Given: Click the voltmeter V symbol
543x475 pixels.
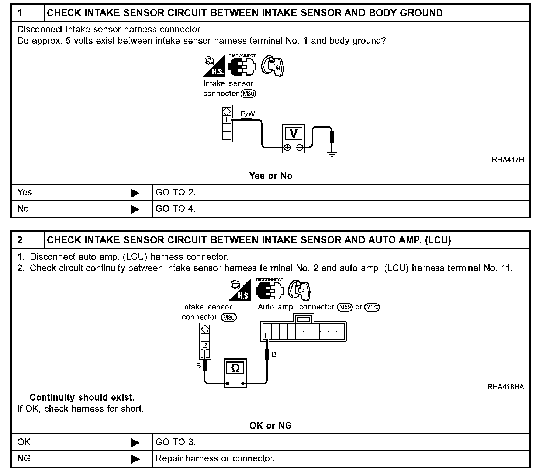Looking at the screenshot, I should point(294,133).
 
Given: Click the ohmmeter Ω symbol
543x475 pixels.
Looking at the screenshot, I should point(235,368).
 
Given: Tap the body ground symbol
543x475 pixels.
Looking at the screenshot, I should point(332,154).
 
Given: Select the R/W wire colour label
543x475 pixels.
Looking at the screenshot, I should point(248,114).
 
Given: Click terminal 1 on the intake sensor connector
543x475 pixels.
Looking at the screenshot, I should point(226,119).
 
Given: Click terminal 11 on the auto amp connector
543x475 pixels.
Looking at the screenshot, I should point(267,336).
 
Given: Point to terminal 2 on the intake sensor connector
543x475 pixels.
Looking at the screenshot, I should point(205,346).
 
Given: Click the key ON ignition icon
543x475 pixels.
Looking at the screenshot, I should point(273,66).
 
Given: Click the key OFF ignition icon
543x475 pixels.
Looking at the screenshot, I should point(300,290).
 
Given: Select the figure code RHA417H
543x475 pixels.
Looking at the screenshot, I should point(508,160).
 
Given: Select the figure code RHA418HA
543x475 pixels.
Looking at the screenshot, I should point(505,387).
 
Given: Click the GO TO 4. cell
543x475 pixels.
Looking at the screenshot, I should point(176,209).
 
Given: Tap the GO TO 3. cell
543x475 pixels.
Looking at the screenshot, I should point(176,442).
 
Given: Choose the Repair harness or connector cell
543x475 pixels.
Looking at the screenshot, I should point(215,458).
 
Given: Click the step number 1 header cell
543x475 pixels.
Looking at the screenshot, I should point(28,13).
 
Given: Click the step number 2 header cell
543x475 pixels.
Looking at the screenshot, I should point(28,240).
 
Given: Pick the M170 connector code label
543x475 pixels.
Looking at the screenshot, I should point(372,307).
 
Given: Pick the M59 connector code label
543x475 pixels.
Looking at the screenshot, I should point(346,307).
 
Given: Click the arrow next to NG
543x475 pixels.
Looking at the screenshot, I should point(135,459).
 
